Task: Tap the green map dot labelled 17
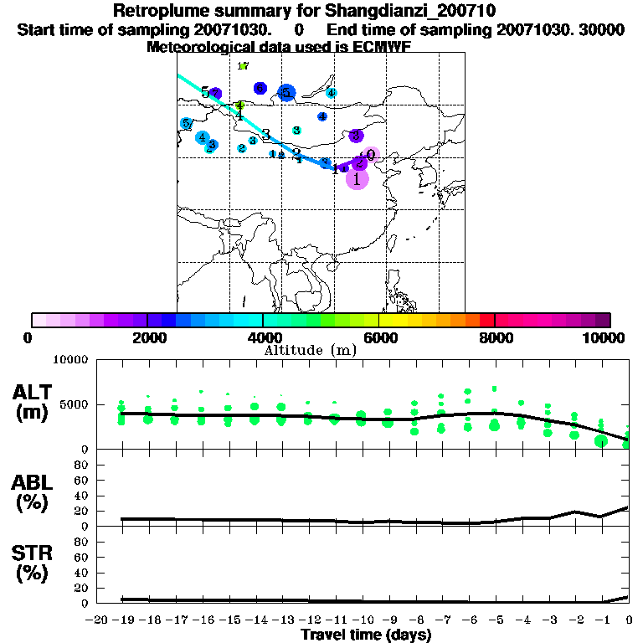click(243, 66)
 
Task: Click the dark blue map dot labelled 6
click(260, 88)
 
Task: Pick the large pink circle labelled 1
click(358, 178)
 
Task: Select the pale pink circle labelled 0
click(372, 155)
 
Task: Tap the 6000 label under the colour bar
click(379, 337)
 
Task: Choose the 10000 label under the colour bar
click(605, 337)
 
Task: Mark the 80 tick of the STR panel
click(83, 541)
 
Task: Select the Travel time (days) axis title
click(366, 635)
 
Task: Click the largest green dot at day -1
click(600, 441)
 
